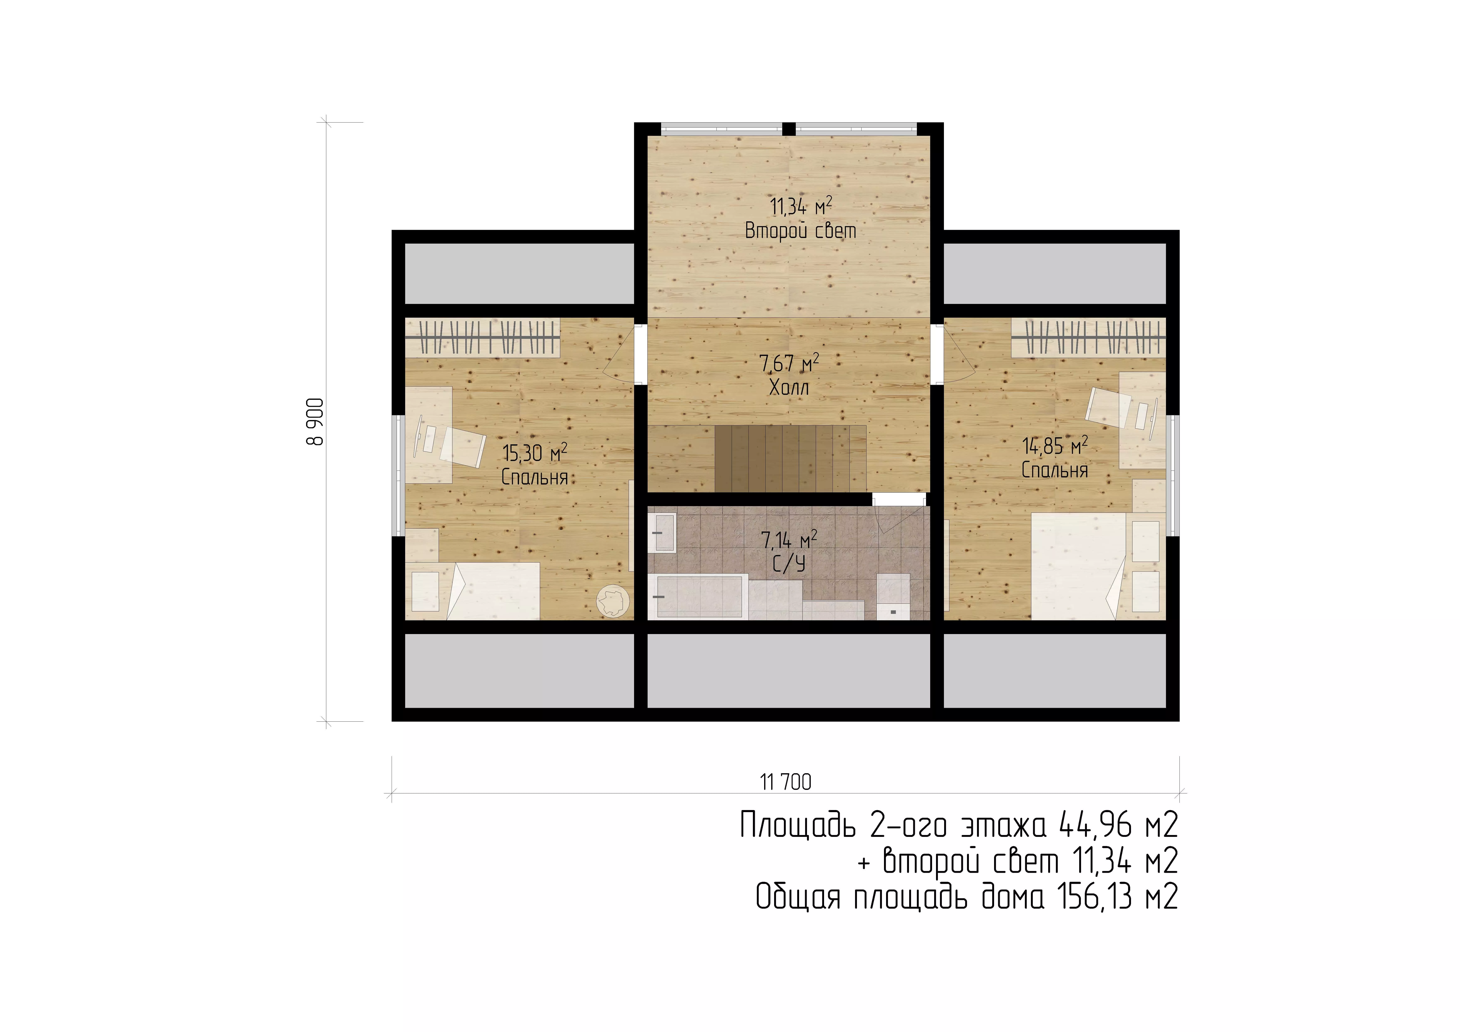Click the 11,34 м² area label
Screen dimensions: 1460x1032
point(801,206)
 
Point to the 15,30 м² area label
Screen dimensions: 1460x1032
point(534,453)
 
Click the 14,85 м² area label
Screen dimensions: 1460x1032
point(1054,445)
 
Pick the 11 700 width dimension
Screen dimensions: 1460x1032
point(786,782)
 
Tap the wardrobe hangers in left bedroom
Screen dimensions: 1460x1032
point(483,336)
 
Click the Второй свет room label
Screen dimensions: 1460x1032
point(801,230)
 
